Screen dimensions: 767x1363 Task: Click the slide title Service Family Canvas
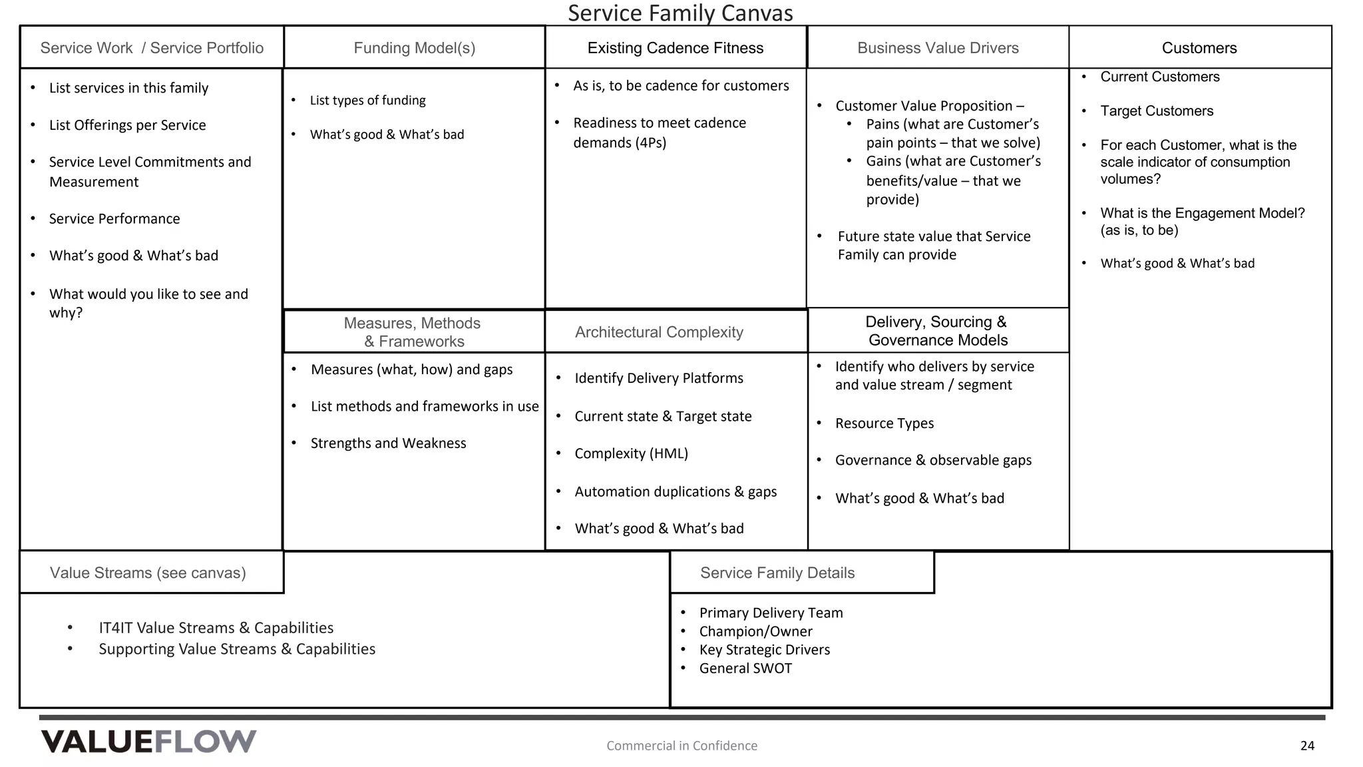pyautogui.click(x=680, y=13)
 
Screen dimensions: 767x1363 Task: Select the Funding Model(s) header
pyautogui.click(x=414, y=48)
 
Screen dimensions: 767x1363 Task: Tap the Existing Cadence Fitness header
pyautogui.click(x=675, y=48)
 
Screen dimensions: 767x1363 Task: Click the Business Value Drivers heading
pyautogui.click(x=938, y=48)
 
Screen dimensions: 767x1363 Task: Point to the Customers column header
pyautogui.click(x=1199, y=48)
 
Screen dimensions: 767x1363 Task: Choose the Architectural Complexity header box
pyautogui.click(x=659, y=332)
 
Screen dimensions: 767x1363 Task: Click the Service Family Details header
pyautogui.click(x=777, y=573)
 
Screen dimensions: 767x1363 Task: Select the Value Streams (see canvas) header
pyautogui.click(x=148, y=573)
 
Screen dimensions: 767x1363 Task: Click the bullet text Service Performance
pyautogui.click(x=114, y=219)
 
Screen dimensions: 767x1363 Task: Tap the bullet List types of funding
pyautogui.click(x=367, y=101)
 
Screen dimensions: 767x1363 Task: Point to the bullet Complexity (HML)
pyautogui.click(x=631, y=453)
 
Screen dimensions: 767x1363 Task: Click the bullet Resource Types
pyautogui.click(x=884, y=423)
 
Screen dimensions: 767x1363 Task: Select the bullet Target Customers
pyautogui.click(x=1156, y=111)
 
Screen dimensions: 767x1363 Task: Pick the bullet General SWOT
pyautogui.click(x=745, y=668)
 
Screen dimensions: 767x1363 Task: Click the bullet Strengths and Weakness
pyautogui.click(x=388, y=443)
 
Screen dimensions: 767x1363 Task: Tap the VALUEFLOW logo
pyautogui.click(x=148, y=742)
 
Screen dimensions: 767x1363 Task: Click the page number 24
pyautogui.click(x=1306, y=746)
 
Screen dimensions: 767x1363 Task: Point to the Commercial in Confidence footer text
pyautogui.click(x=681, y=746)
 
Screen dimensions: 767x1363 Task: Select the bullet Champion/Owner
pyautogui.click(x=755, y=631)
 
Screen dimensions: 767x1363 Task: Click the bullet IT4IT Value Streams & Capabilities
pyautogui.click(x=216, y=628)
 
